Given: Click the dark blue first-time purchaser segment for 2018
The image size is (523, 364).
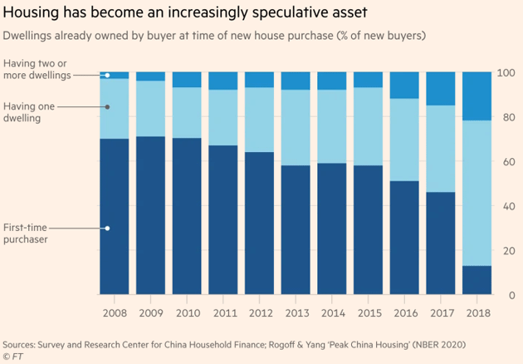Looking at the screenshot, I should pos(477,280).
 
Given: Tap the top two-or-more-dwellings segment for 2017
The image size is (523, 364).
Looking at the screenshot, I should pos(440,89).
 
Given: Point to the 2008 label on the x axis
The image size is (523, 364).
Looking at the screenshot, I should pos(114,313).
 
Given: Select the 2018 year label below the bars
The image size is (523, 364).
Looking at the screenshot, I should pos(477,313).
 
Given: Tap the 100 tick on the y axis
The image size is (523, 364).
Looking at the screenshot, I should pos(505,73).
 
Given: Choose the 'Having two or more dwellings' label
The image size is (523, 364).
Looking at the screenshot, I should pos(37,69).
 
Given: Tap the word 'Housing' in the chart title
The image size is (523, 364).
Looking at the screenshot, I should pos(30,14).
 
